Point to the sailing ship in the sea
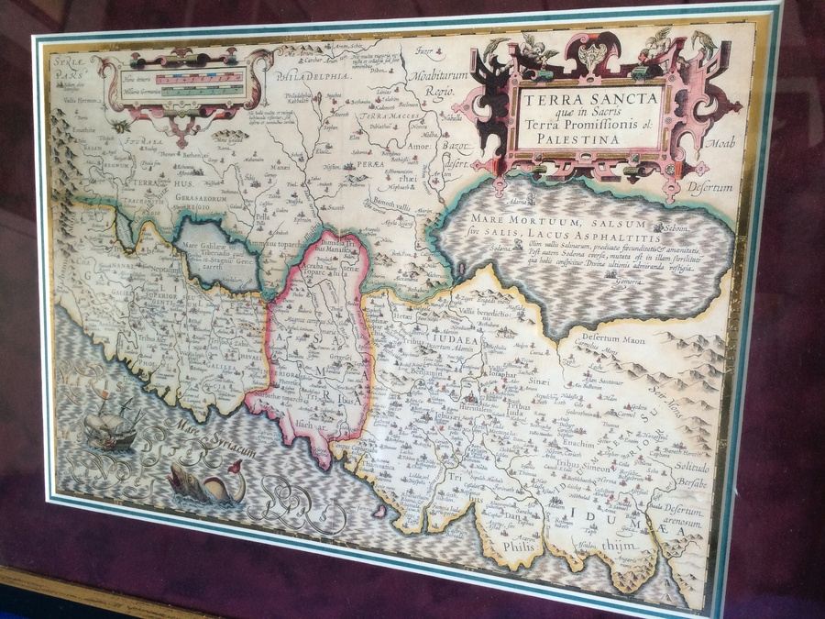pyautogui.click(x=110, y=425)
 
